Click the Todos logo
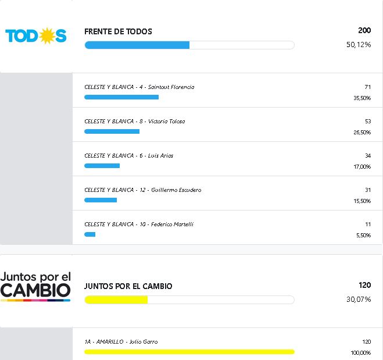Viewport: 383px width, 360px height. coord(36,36)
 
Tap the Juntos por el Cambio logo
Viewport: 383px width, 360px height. coord(35,285)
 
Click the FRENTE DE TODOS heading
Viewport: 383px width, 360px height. coord(118,31)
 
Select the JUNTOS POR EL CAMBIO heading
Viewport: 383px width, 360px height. coord(128,286)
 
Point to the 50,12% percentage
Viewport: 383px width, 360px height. coord(359,45)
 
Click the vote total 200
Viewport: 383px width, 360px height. coord(364,30)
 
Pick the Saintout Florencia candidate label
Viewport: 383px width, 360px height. coord(139,87)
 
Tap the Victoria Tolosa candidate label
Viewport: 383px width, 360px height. coord(135,122)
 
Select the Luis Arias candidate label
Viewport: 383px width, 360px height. coord(129,156)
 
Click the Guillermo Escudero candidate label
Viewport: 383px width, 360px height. coord(143,190)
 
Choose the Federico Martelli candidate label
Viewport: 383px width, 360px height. coord(139,224)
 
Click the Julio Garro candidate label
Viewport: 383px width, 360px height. coord(121,342)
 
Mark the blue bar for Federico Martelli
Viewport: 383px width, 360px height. coord(90,234)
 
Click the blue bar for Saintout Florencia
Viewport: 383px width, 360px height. coord(121,97)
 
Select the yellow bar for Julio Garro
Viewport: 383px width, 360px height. coord(189,352)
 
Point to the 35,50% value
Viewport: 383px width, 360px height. coord(362,98)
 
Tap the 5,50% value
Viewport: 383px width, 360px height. coord(363,236)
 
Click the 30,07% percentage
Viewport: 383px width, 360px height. coord(359,300)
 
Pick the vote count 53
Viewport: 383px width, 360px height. coord(367,122)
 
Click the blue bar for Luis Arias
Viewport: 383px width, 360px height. coord(102,166)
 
